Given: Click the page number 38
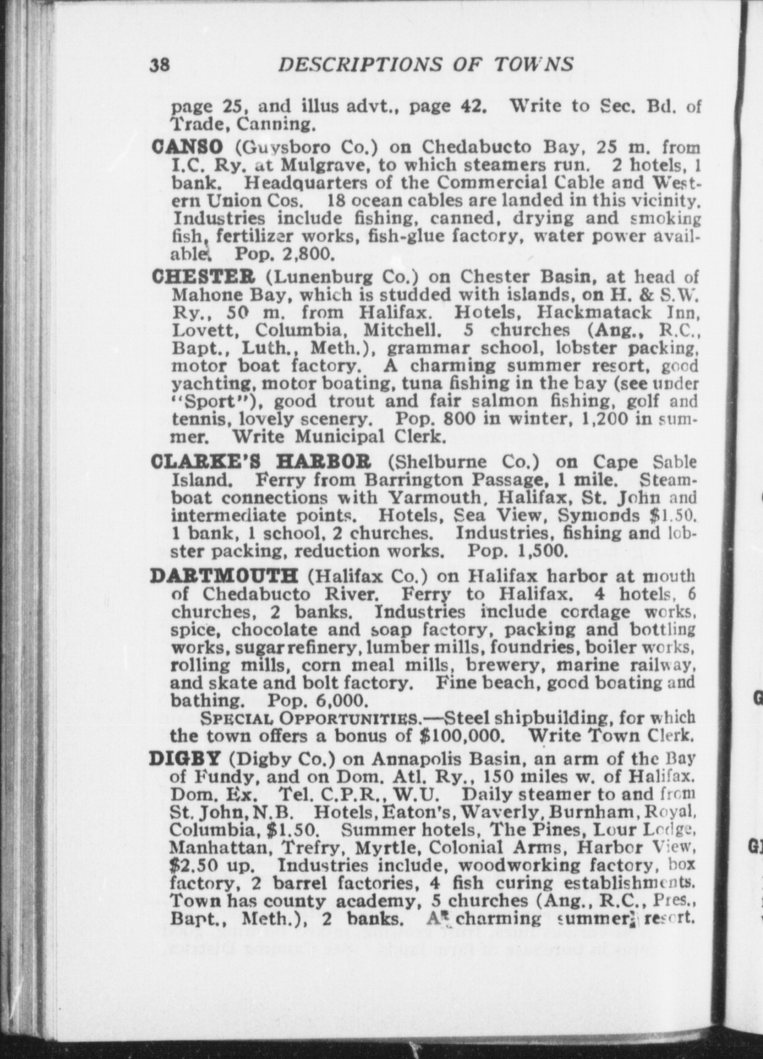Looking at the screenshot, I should [x=162, y=65].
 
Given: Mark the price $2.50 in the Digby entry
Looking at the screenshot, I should [x=190, y=865].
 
